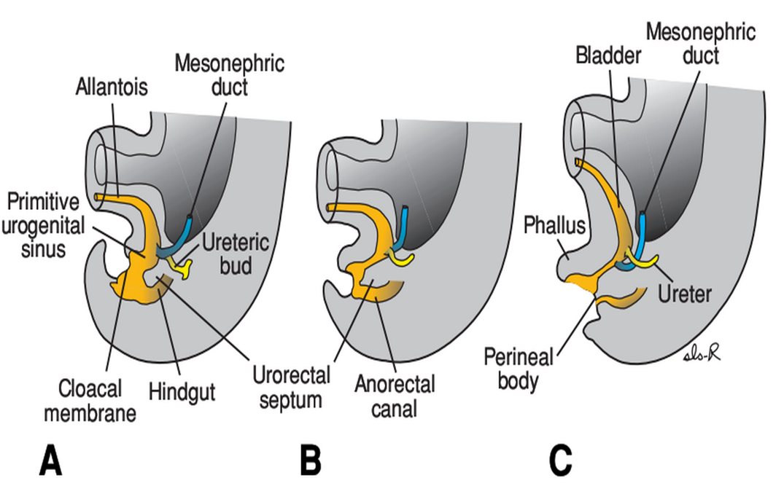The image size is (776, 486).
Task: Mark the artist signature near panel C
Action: pyautogui.click(x=704, y=353)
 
